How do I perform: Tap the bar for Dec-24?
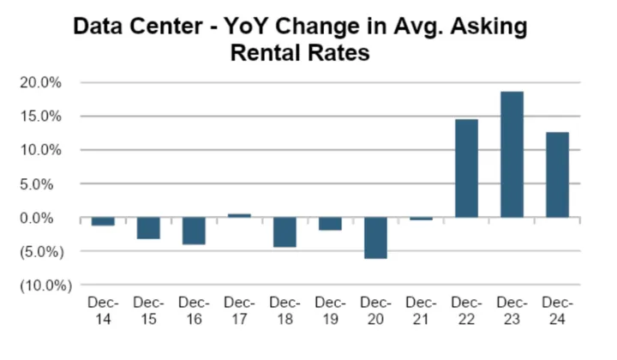[x=557, y=175]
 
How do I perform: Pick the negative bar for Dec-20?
[x=375, y=237]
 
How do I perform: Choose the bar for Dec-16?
[x=194, y=231]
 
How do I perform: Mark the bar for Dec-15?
[x=148, y=228]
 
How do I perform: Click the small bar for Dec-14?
[x=103, y=221]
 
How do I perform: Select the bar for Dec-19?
[x=330, y=224]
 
